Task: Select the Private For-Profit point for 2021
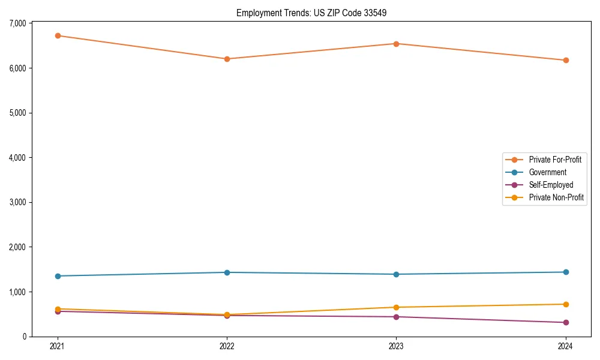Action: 58,35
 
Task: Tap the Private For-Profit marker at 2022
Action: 227,59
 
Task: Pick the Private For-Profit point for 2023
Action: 396,44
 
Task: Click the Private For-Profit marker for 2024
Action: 565,60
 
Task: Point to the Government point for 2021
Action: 58,276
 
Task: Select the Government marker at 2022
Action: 227,272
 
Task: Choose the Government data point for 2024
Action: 565,272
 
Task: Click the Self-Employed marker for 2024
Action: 565,322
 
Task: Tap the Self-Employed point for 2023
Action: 396,317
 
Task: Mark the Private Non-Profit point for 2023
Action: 396,307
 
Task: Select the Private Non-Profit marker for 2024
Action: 565,304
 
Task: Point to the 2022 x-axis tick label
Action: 227,346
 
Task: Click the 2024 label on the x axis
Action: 565,346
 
